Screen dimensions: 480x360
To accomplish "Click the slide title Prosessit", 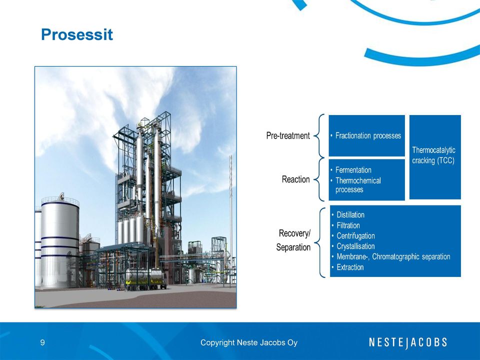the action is [x=77, y=34].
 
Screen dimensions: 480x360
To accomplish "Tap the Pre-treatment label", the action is [x=288, y=135].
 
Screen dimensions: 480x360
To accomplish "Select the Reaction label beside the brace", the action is [x=295, y=179].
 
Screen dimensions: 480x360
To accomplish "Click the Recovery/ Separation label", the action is [x=293, y=240].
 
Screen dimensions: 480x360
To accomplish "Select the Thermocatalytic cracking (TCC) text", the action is [x=433, y=155].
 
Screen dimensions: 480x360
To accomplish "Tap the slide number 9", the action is [x=42, y=342].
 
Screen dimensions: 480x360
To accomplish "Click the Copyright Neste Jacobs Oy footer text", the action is [x=249, y=342].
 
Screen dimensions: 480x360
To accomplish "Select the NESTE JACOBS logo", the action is [x=408, y=342].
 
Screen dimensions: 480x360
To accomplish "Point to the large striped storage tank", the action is [x=60, y=242].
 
